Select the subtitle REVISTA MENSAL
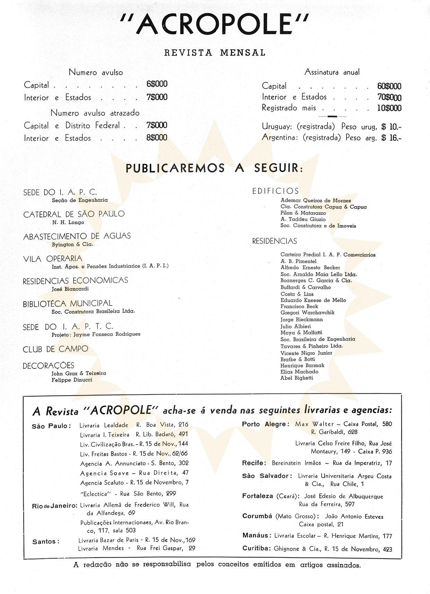point(215,53)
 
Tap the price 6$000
point(157,84)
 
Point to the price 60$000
point(389,86)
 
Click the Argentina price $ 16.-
point(391,138)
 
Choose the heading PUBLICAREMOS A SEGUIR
point(214,168)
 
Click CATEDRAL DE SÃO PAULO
point(74,214)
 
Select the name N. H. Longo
point(68,222)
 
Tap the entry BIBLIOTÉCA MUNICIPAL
point(68,304)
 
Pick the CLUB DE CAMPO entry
point(55,349)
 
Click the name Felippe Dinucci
point(72,380)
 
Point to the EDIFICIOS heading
point(275,191)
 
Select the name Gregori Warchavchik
point(307,313)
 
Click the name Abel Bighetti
point(296,378)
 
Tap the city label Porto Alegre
point(265,424)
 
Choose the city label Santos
point(45,542)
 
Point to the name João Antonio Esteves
point(354,517)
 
